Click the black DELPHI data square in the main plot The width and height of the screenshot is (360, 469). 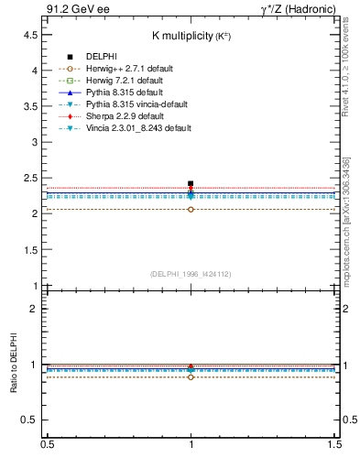[x=191, y=183]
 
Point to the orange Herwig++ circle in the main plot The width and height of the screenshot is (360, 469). [x=191, y=209]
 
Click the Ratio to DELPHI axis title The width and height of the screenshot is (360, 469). [x=14, y=363]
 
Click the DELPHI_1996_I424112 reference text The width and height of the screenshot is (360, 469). [x=191, y=273]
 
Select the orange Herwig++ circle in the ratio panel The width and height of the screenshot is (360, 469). [x=191, y=376]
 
